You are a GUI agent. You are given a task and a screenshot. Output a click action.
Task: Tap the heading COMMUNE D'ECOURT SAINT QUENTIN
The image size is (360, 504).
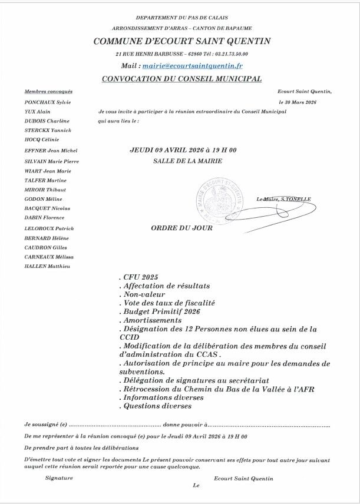click(181, 41)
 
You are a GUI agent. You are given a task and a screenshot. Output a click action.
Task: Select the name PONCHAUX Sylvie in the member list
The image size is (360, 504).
click(44, 102)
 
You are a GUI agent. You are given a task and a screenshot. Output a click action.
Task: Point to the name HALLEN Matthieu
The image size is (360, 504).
click(47, 266)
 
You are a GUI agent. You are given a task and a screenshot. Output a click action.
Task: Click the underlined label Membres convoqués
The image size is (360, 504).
click(48, 92)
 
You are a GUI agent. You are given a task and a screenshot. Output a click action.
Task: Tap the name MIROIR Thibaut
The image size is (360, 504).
click(45, 190)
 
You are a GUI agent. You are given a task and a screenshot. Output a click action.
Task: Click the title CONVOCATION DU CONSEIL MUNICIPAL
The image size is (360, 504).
click(181, 79)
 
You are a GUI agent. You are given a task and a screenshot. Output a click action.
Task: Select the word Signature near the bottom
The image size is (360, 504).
click(59, 478)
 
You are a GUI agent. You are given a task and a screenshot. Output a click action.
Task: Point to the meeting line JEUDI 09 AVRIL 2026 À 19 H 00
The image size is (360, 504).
click(183, 150)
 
